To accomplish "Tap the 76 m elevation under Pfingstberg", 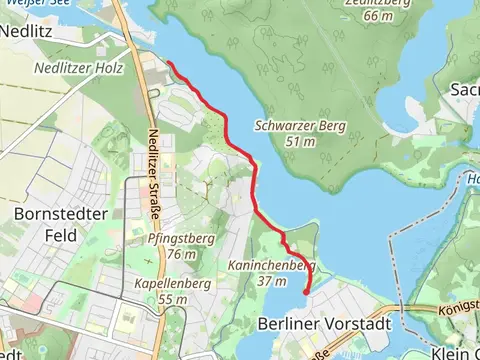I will [181, 254].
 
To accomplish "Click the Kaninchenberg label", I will [272, 266].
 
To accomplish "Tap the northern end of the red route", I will [167, 63].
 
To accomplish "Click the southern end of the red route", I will [304, 293].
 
